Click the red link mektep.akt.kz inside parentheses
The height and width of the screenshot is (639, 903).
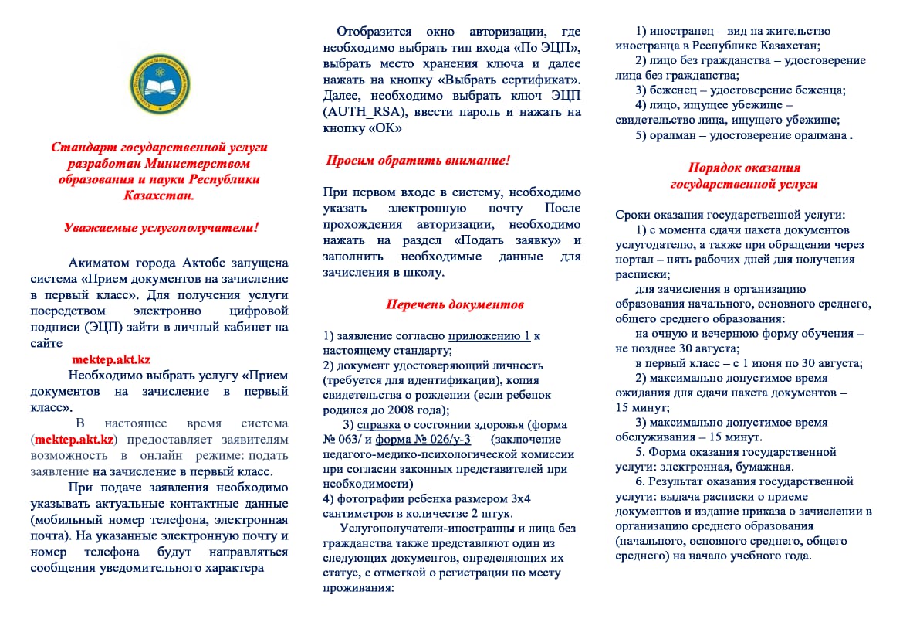(x=74, y=440)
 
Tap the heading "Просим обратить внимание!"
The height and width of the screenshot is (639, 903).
(x=417, y=161)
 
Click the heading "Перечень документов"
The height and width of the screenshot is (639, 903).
(x=455, y=304)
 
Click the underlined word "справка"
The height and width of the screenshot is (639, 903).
(x=379, y=424)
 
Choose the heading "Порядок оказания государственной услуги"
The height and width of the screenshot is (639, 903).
(x=744, y=176)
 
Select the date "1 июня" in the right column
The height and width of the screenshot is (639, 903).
(x=756, y=363)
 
